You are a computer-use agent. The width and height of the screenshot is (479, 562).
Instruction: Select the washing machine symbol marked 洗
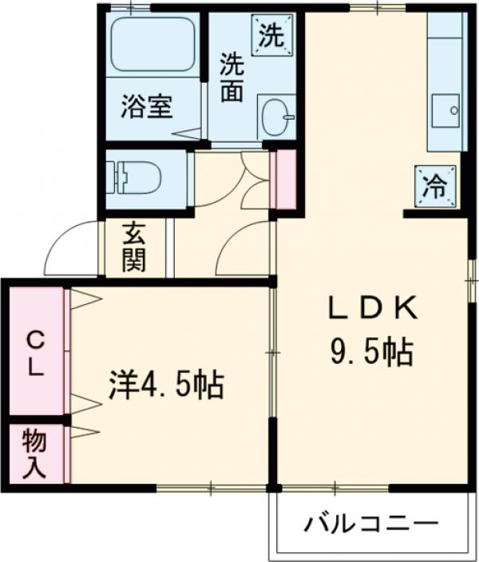click(272, 36)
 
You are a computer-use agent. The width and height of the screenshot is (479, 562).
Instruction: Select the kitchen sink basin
click(445, 107)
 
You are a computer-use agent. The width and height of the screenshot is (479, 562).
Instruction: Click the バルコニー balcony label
click(371, 524)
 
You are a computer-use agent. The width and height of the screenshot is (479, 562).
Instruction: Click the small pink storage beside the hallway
click(282, 179)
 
